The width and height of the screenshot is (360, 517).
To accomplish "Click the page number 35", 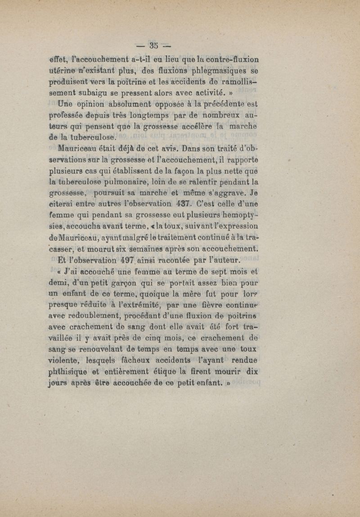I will click(x=154, y=45).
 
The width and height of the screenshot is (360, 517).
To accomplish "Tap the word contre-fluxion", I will click(x=227, y=59).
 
